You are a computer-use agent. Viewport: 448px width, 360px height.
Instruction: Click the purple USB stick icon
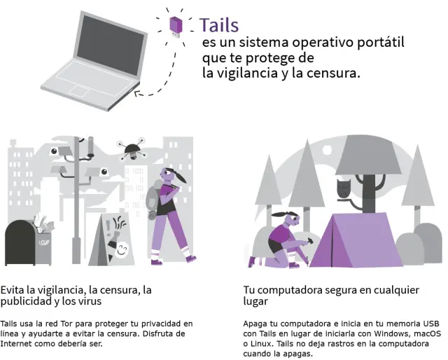[176, 27]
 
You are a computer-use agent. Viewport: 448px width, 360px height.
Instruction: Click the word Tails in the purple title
[219, 25]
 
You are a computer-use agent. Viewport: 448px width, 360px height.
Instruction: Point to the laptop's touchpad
[79, 91]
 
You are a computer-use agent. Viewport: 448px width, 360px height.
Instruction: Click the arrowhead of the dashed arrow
[137, 93]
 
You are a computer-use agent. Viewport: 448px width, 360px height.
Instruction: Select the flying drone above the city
[132, 149]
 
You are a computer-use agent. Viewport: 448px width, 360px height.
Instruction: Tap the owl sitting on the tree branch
[344, 188]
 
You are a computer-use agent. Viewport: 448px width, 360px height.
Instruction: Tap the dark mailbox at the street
[20, 242]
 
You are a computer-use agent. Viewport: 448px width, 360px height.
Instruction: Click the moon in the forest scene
[327, 150]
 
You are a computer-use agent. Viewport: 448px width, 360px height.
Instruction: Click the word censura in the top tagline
[333, 74]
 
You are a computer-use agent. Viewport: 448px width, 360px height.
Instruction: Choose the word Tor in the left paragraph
[66, 324]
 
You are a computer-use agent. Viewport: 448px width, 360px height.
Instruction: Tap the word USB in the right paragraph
[431, 324]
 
